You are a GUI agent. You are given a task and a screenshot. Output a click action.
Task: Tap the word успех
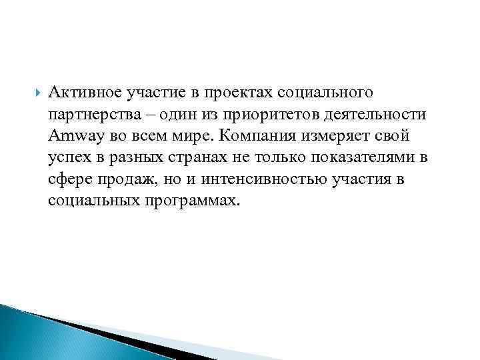click(x=67, y=159)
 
